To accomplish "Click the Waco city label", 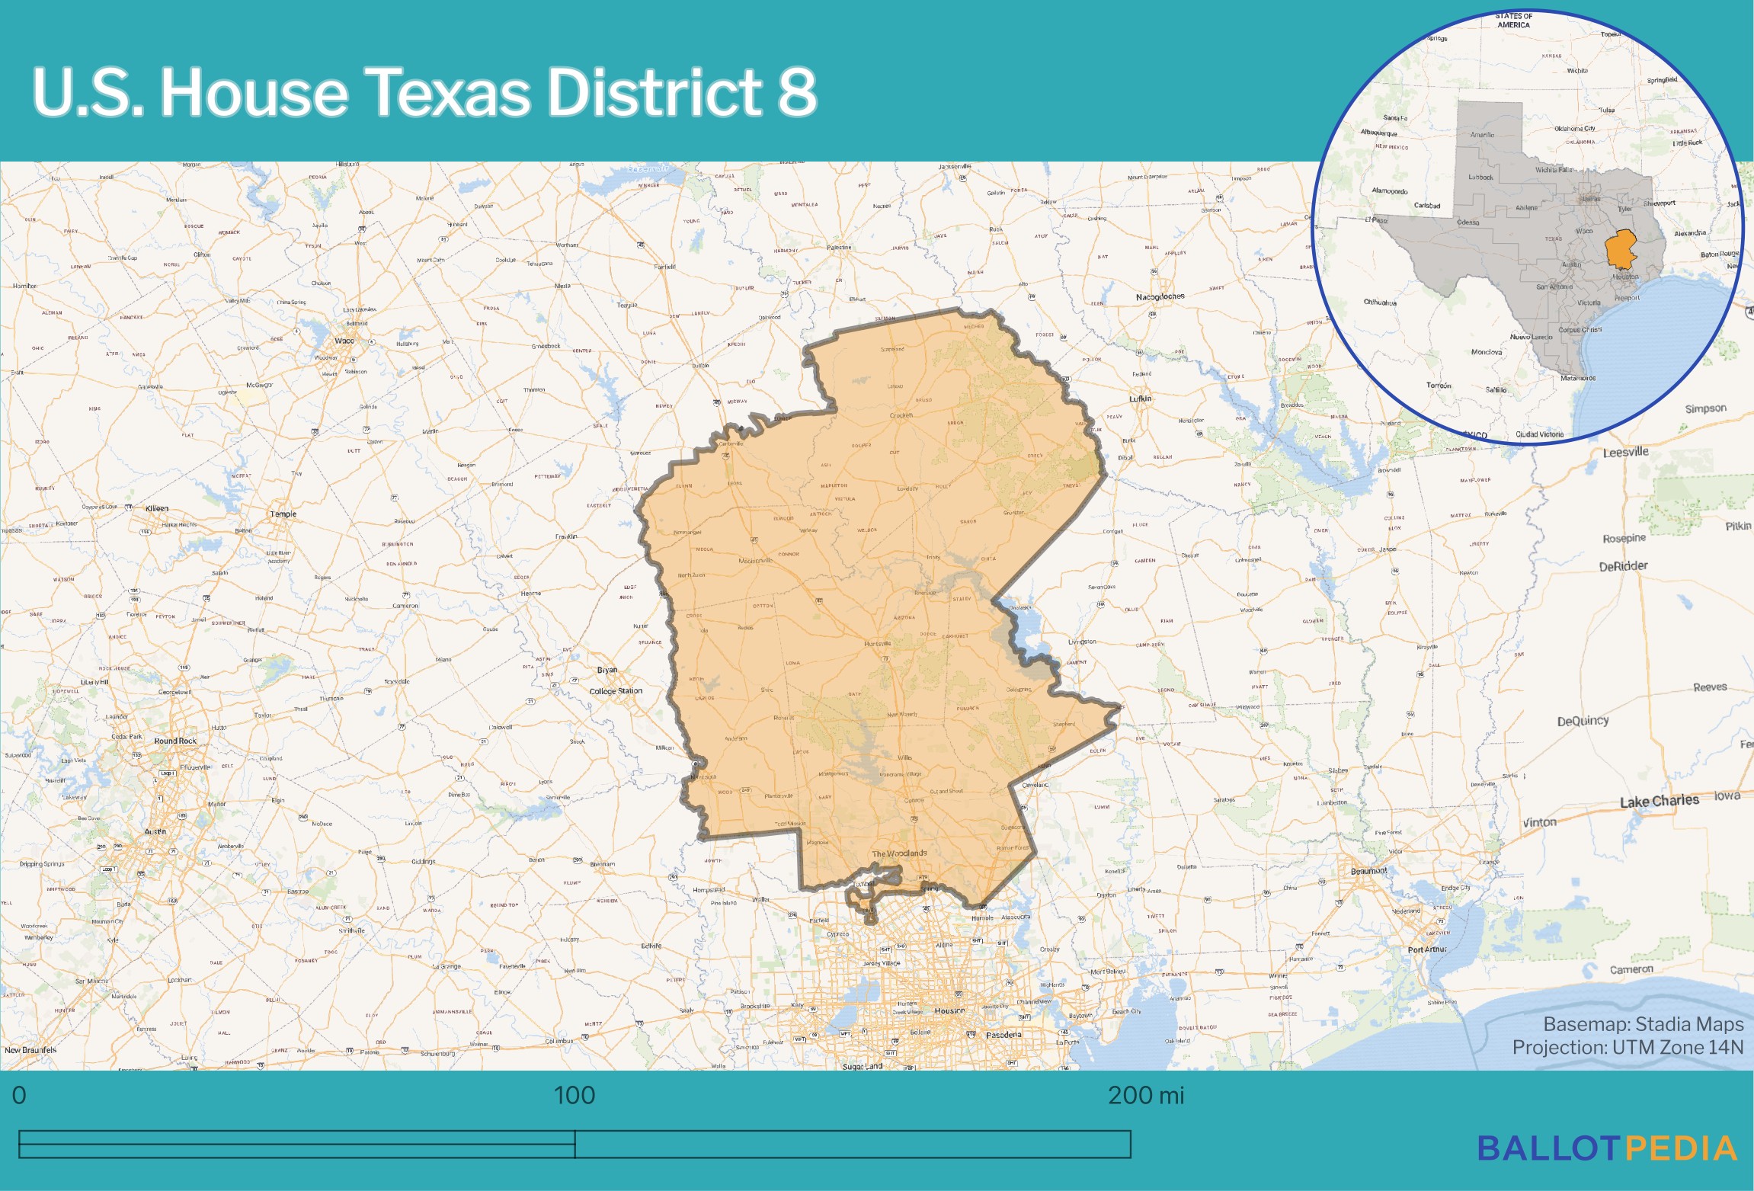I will coord(344,341).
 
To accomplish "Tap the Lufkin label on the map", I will coord(1140,399).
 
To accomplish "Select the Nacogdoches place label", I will coord(1160,296).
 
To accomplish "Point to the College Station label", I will coord(616,691).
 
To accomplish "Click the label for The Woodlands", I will coord(899,853).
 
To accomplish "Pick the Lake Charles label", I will coord(1659,801).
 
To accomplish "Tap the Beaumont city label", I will coord(1368,870).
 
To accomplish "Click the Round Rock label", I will coord(175,741).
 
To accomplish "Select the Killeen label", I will coord(157,508).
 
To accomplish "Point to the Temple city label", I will coord(283,514).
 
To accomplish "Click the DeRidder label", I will coord(1623,566).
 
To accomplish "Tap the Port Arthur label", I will coord(1426,949).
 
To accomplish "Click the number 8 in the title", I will coord(798,92).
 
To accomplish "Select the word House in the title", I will coord(254,92).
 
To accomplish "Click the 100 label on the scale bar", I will coord(574,1096).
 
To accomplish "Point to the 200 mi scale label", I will coord(1145,1096).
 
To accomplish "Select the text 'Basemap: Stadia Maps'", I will coord(1643,1024).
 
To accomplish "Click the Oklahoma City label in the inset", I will coord(1574,129).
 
